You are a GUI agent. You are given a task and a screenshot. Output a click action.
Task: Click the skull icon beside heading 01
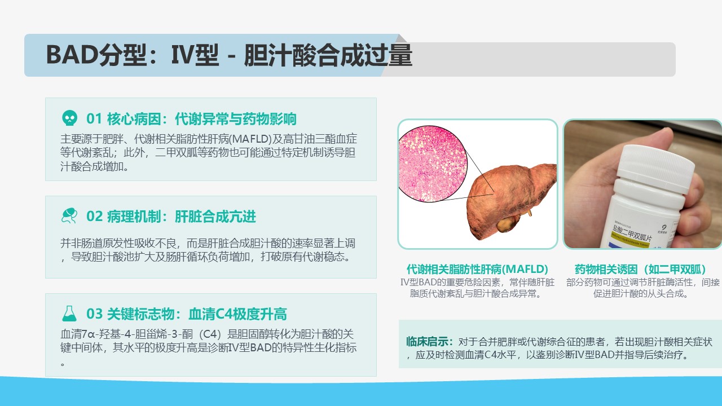tap(69, 118)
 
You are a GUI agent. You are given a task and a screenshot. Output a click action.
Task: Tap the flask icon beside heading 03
tap(69, 314)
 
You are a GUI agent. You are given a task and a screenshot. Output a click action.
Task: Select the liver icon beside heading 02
tap(69, 215)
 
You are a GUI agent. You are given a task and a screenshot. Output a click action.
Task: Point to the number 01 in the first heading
tap(94, 119)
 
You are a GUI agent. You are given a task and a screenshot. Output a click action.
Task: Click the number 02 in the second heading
tap(94, 217)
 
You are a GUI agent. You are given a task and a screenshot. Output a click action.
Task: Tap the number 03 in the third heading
tap(94, 314)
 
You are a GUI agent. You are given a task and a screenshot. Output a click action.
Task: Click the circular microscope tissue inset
tap(433, 164)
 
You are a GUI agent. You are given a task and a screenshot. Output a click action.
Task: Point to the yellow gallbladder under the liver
tap(507, 223)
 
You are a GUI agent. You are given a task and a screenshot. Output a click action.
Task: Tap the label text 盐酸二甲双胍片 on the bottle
tap(632, 234)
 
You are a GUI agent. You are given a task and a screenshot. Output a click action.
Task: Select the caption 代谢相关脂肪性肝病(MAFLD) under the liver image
tap(477, 269)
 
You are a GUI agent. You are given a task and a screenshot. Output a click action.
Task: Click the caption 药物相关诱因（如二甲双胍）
tap(640, 269)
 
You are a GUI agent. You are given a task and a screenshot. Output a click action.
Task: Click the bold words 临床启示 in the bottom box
tap(427, 342)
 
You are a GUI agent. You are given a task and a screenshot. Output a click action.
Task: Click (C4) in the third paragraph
tap(210, 334)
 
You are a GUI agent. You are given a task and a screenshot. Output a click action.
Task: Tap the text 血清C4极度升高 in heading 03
tap(237, 314)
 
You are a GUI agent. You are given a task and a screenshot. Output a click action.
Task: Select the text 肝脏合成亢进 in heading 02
tap(215, 217)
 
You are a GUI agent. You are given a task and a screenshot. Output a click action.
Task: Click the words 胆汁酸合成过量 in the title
tap(328, 55)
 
